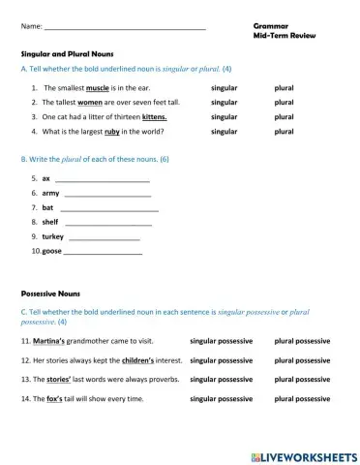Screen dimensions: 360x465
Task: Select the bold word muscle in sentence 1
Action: pyautogui.click(x=110, y=87)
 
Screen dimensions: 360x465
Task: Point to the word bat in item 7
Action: pyautogui.click(x=47, y=207)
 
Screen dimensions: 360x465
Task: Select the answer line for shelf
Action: pyautogui.click(x=110, y=222)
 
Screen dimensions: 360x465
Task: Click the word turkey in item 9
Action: pyautogui.click(x=52, y=236)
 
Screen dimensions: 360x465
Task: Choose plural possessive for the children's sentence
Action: pyautogui.click(x=302, y=360)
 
